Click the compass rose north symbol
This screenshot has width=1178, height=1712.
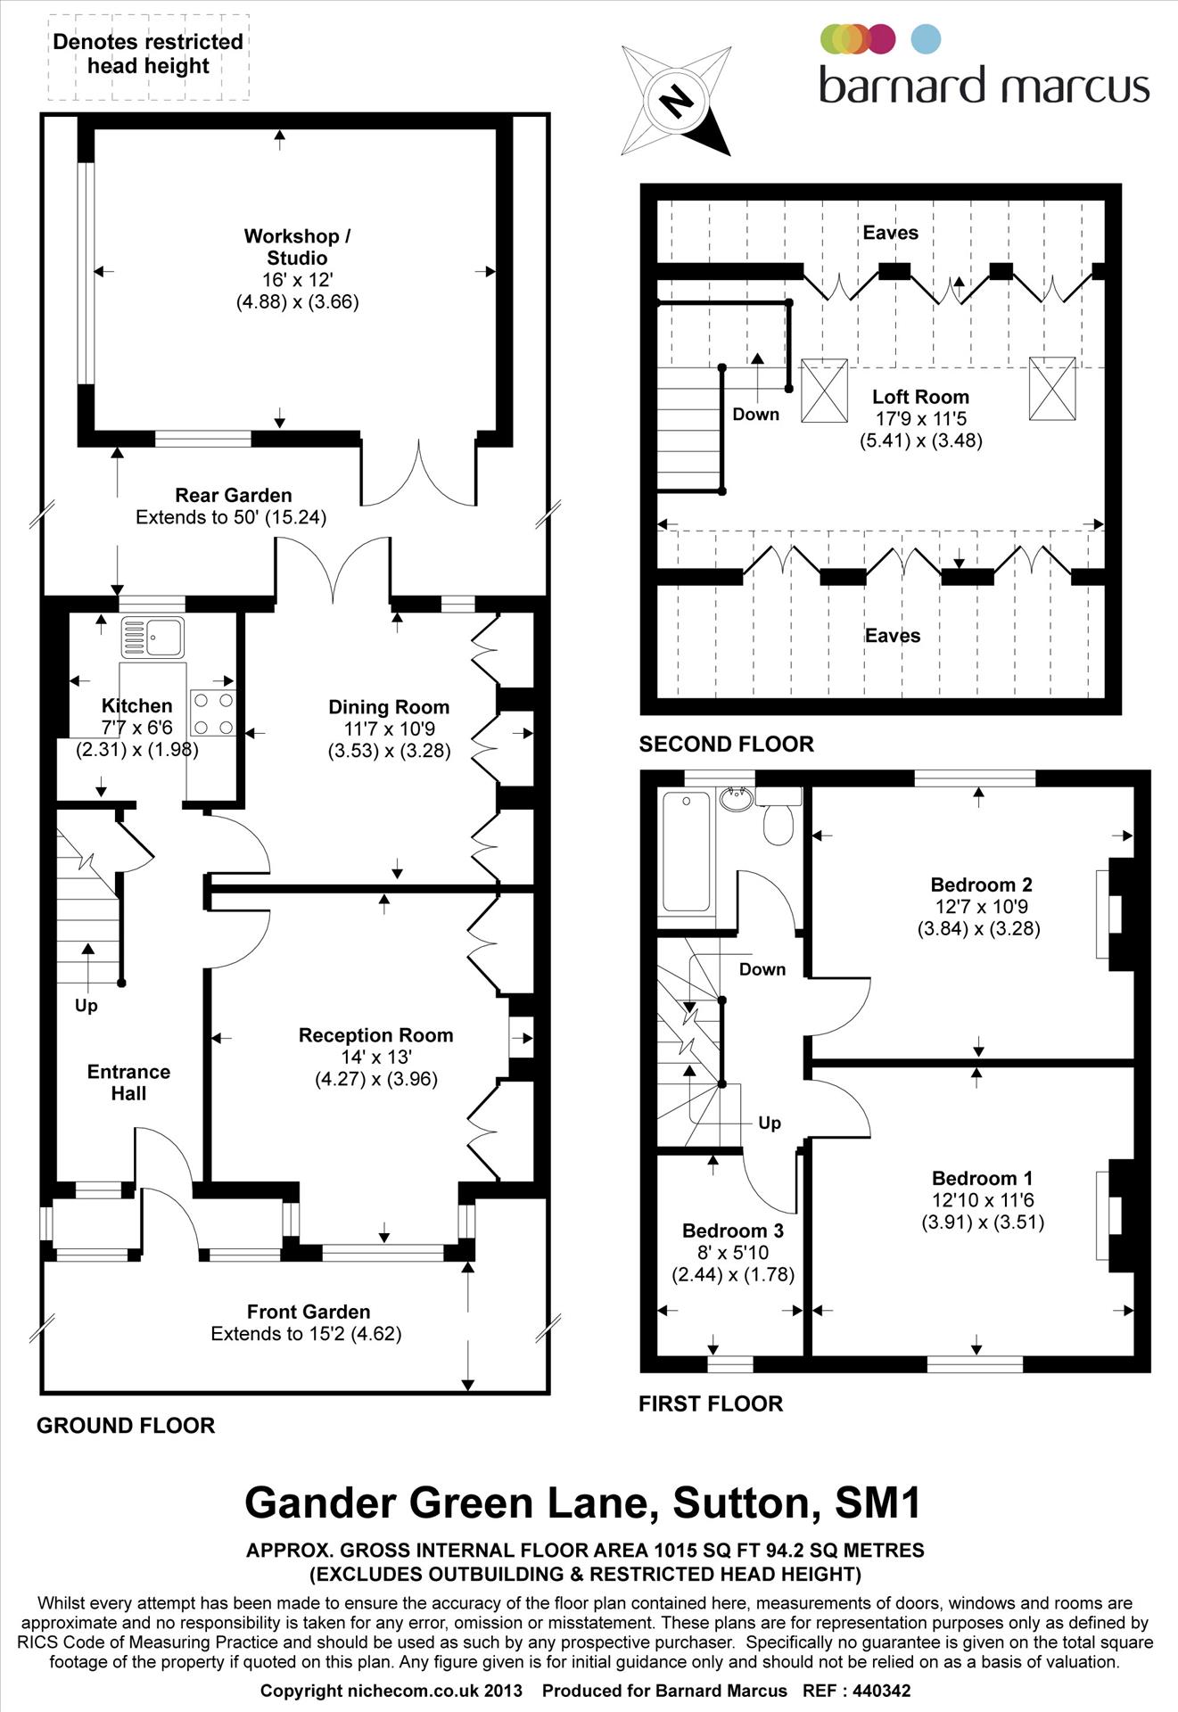click(675, 101)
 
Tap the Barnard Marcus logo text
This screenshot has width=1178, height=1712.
click(984, 86)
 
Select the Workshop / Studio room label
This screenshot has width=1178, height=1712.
click(297, 247)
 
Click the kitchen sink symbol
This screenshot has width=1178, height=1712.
click(152, 638)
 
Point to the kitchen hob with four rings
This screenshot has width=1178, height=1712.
click(213, 713)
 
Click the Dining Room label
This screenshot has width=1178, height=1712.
click(389, 707)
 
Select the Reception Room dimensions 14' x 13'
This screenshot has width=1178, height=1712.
click(376, 1058)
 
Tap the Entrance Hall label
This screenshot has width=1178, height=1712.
click(128, 1082)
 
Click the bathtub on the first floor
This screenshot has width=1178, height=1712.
click(686, 852)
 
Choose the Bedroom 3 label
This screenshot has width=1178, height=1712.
click(733, 1230)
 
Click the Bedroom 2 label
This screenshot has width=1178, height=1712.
click(981, 885)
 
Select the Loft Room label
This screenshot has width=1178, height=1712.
click(920, 397)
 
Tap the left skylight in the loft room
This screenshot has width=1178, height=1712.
click(824, 390)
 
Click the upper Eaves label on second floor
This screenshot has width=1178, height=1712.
click(890, 233)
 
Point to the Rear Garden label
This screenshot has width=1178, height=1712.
click(233, 495)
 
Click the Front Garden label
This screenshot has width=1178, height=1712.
click(309, 1312)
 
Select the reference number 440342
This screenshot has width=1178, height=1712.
click(881, 1691)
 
